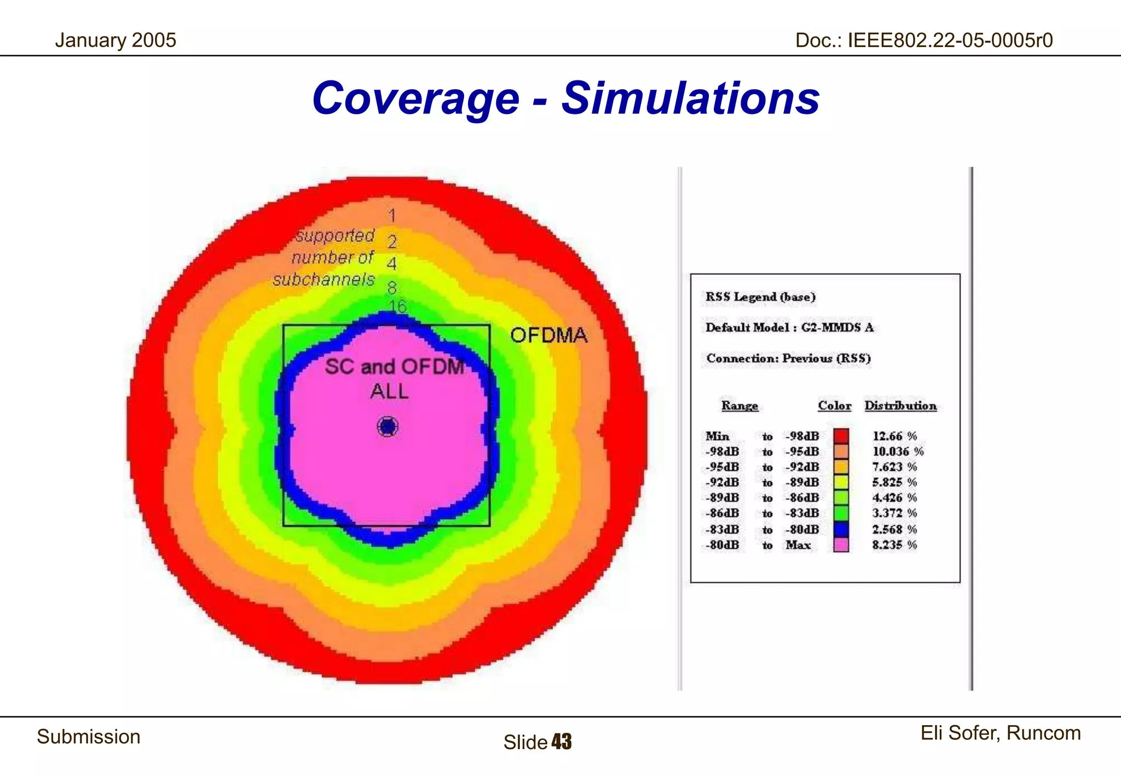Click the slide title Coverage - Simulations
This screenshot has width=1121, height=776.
(565, 99)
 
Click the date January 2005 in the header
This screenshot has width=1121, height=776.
(115, 40)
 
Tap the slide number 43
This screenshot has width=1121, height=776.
(562, 742)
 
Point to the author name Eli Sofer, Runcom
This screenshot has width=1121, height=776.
(1000, 733)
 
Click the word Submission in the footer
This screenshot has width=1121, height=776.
(89, 737)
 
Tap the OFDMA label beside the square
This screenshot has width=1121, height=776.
(548, 335)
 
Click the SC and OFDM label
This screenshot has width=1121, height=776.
(394, 367)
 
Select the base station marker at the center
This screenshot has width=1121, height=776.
(388, 427)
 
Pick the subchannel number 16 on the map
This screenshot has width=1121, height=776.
(397, 306)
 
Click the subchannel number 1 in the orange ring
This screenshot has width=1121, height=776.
(392, 216)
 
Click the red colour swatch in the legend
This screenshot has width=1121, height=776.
(841, 436)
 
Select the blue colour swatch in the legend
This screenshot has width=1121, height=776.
(841, 529)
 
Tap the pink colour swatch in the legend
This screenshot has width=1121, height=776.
(841, 545)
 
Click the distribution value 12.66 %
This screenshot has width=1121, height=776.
(894, 436)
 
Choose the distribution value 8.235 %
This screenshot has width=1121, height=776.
(894, 545)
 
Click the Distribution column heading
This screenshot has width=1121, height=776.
(900, 406)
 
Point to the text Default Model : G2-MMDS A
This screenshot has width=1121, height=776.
(789, 327)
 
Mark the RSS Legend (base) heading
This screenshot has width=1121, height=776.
(760, 297)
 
